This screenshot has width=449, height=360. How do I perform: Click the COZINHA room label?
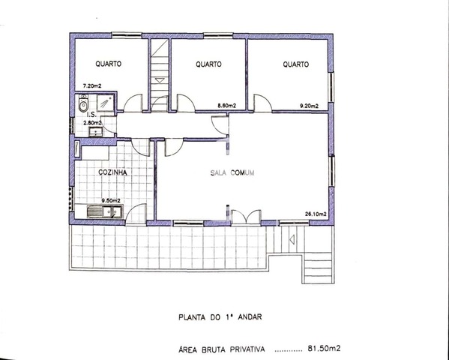click(112, 172)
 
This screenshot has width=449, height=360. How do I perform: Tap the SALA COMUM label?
click(232, 172)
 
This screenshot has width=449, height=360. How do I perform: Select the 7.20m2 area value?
click(92, 85)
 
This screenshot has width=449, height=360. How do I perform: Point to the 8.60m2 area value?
click(227, 106)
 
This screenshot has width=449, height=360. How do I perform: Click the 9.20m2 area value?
click(309, 106)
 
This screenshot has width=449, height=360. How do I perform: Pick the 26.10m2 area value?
click(316, 214)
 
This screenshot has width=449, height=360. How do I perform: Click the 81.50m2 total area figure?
click(324, 349)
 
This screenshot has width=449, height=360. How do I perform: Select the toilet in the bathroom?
click(83, 104)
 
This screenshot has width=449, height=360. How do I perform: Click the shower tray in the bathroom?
click(106, 103)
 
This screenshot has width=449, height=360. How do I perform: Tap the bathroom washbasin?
click(95, 132)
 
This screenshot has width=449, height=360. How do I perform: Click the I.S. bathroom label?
click(91, 115)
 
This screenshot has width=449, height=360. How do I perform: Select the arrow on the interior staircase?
click(160, 80)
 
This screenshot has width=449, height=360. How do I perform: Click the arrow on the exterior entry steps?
click(292, 239)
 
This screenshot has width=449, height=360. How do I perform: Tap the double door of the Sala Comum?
click(246, 217)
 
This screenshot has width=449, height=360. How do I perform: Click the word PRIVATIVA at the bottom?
click(247, 349)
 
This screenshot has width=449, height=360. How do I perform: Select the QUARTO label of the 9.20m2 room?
click(296, 64)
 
